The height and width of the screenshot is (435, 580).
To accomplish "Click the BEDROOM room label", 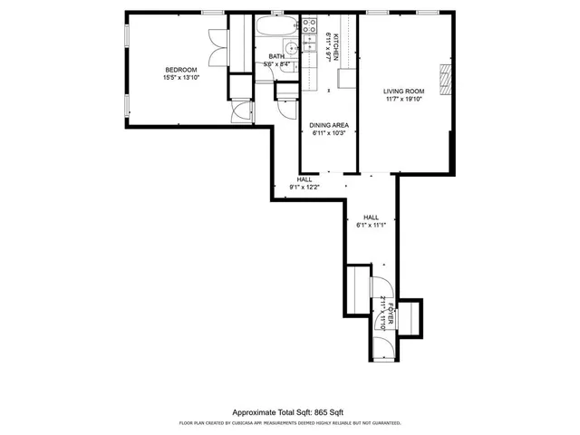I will (x=180, y=70).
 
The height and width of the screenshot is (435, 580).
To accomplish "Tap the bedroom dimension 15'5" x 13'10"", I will (x=180, y=78).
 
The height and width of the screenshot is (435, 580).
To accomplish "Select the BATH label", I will (x=275, y=57).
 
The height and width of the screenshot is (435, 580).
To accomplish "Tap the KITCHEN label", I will (x=336, y=46).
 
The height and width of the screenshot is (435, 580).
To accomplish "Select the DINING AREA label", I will (x=329, y=125).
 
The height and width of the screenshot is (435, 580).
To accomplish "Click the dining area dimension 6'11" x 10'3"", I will (x=329, y=133).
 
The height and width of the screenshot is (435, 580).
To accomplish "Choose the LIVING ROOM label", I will (x=403, y=91).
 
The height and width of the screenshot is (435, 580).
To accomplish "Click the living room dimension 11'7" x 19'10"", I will (x=403, y=99).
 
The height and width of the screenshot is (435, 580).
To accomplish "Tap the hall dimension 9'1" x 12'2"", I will (x=304, y=188).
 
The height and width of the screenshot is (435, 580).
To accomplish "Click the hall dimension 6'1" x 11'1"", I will (x=372, y=226).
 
